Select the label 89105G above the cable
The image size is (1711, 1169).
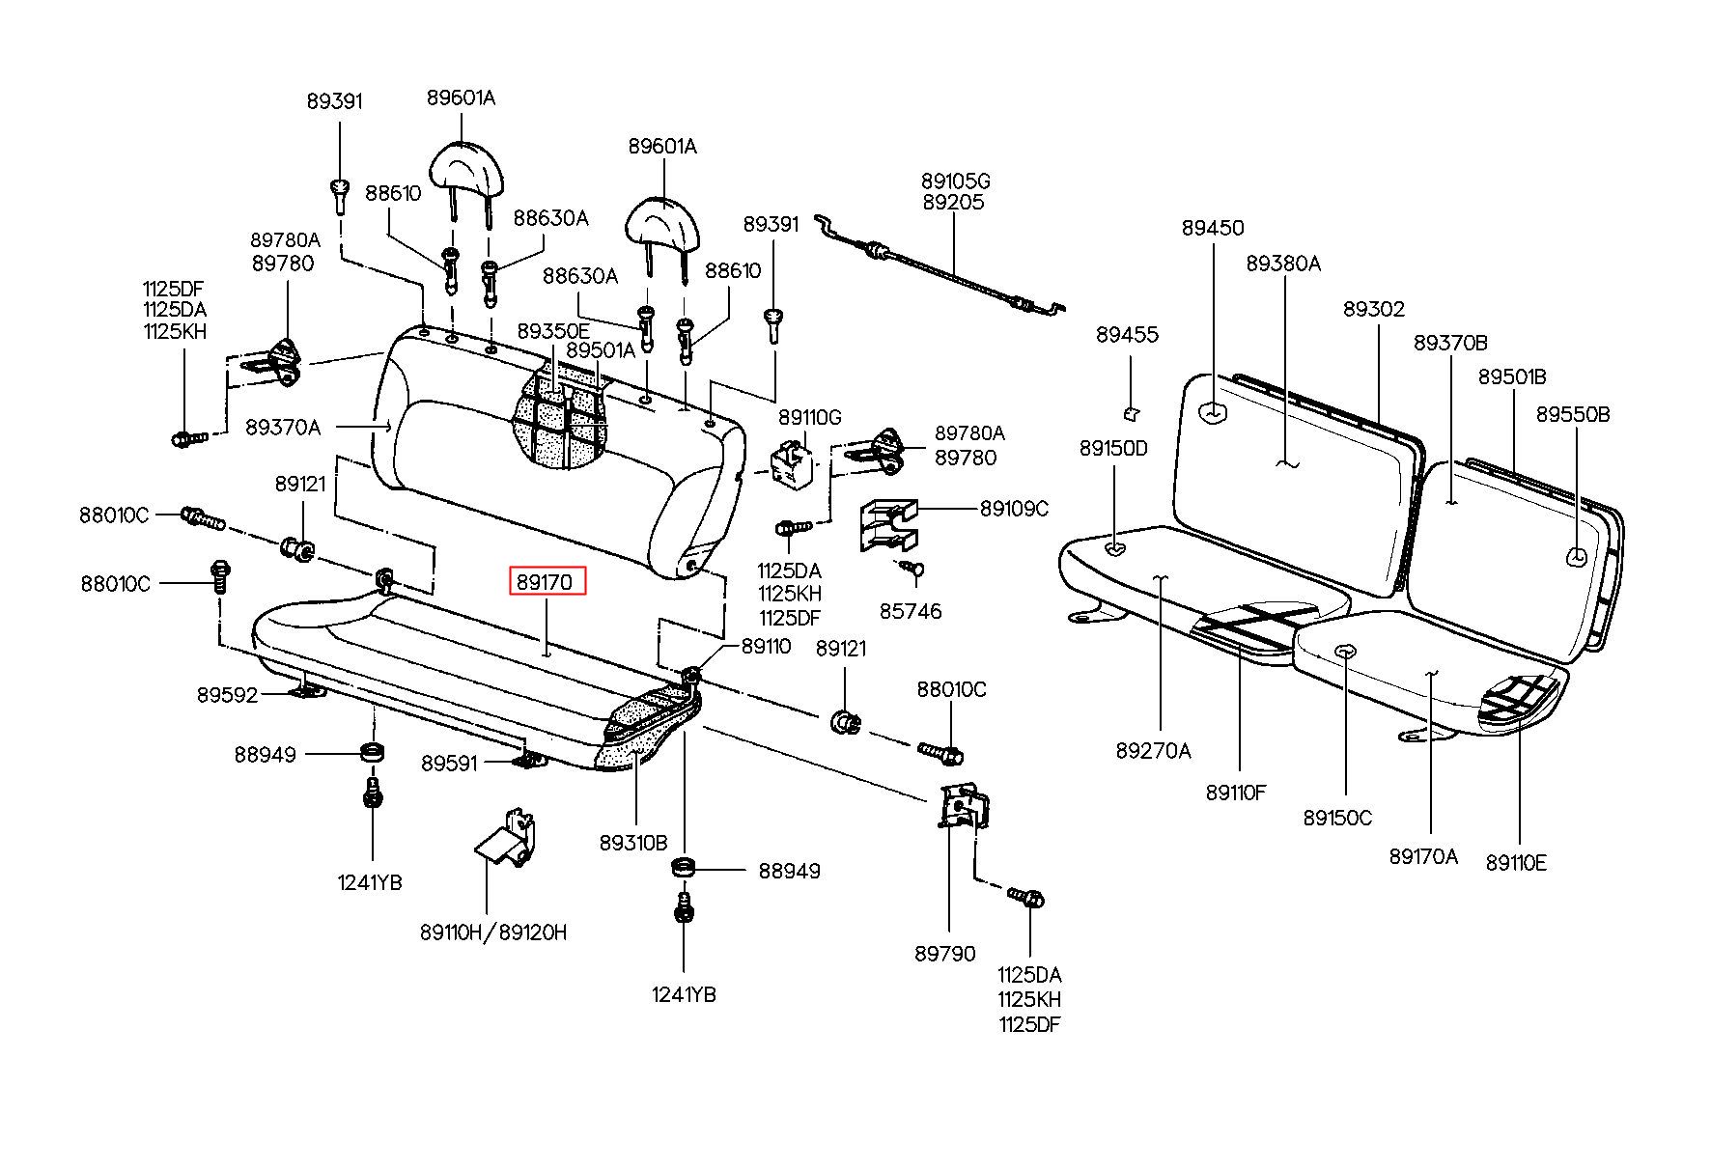[955, 181]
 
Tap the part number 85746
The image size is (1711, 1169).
[910, 612]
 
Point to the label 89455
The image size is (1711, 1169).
[1126, 335]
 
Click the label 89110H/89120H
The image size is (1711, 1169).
[493, 932]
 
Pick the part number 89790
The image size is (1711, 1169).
[944, 954]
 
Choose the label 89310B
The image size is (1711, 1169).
[632, 843]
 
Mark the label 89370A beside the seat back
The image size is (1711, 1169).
[282, 427]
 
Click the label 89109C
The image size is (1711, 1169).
[1013, 509]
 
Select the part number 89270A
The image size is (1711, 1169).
[1153, 751]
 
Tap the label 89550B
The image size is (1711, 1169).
[1573, 414]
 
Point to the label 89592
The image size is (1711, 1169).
[228, 695]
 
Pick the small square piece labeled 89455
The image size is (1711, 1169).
[1131, 414]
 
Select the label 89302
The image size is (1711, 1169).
[1374, 310]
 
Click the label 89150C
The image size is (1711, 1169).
[1337, 819]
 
